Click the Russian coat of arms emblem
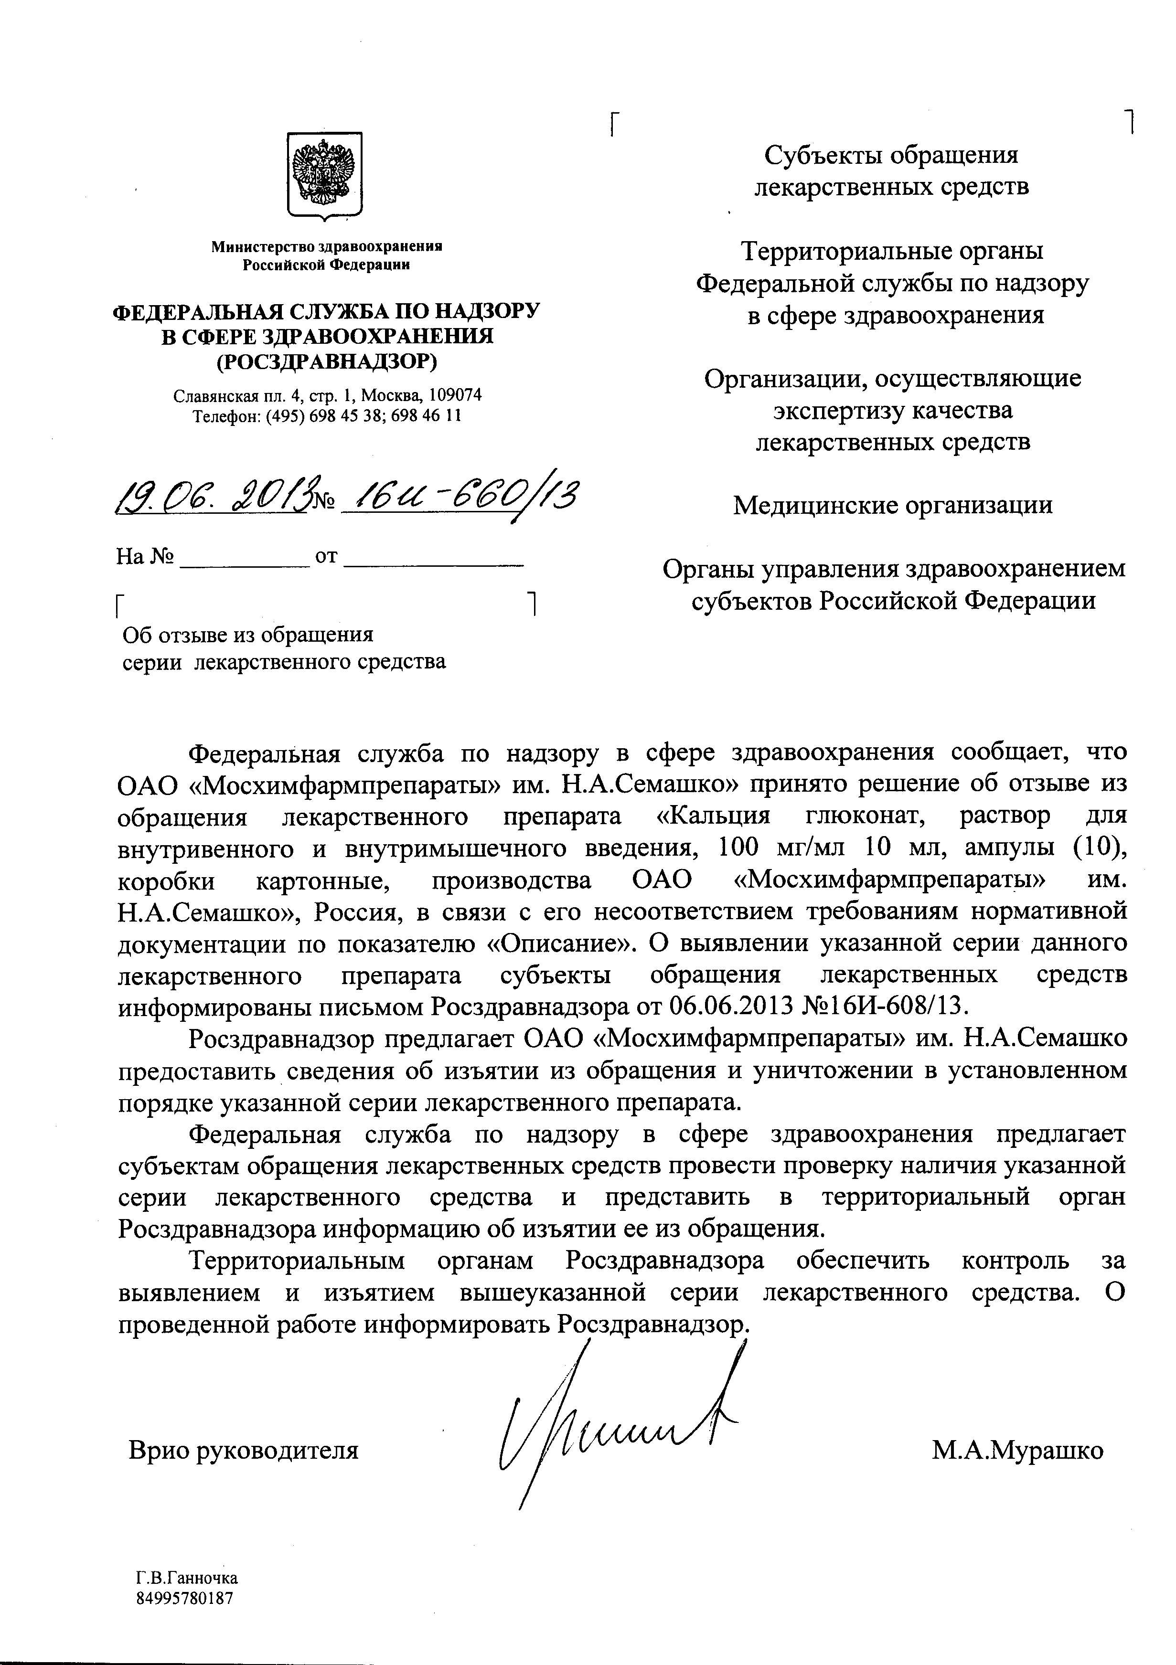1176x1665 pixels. [x=324, y=173]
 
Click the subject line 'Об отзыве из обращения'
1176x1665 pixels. [x=247, y=635]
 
